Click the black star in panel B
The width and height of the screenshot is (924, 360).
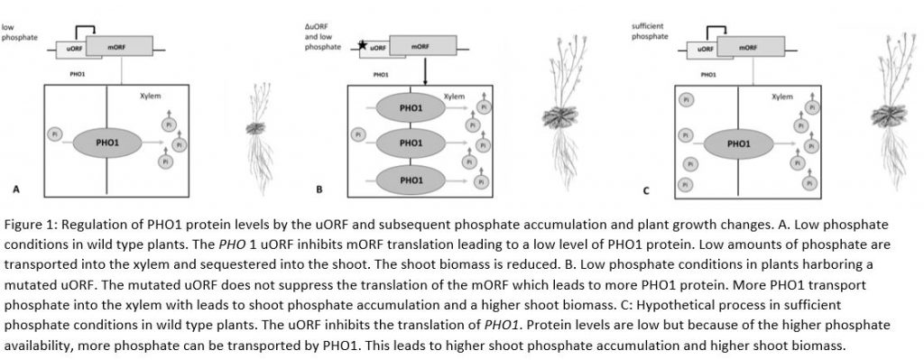click(363, 44)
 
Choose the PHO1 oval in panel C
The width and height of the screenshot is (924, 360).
click(738, 143)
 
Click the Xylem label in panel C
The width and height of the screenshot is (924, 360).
click(781, 95)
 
